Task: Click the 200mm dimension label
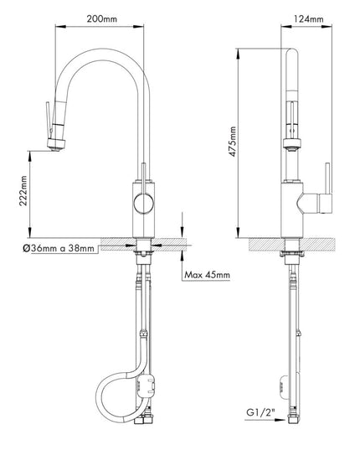(x=102, y=19)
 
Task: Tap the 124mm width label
(x=308, y=19)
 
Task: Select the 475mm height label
(x=233, y=142)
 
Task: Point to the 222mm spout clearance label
(x=23, y=190)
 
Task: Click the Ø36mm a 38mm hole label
(x=59, y=248)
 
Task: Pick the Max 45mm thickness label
(x=207, y=275)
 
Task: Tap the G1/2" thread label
(x=261, y=412)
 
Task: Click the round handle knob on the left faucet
(x=143, y=204)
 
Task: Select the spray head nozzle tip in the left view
(x=55, y=148)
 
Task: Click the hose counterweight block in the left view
(x=147, y=386)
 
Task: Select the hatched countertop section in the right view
(x=292, y=245)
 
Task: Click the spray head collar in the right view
(x=292, y=143)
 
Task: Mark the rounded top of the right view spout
(x=292, y=53)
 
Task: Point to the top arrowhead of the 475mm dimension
(x=238, y=54)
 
